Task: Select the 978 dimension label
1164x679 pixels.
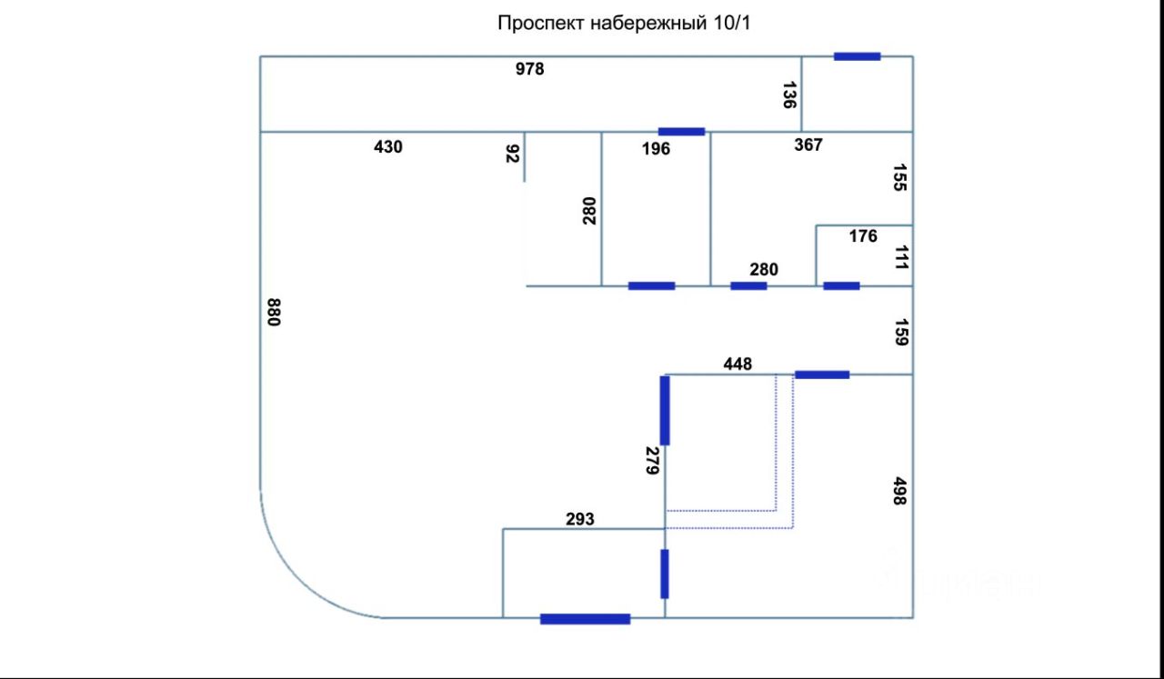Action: pyautogui.click(x=529, y=68)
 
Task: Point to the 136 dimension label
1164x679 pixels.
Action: pyautogui.click(x=789, y=95)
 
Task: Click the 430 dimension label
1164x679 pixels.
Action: pyautogui.click(x=388, y=146)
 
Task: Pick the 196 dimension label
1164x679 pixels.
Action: pyautogui.click(x=656, y=148)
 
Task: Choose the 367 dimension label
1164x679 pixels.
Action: pyautogui.click(x=808, y=145)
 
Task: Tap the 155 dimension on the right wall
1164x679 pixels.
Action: pyautogui.click(x=899, y=177)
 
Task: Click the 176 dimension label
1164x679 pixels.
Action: pyautogui.click(x=863, y=236)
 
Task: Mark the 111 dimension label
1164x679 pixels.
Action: pyautogui.click(x=900, y=257)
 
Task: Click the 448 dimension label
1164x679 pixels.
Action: pyautogui.click(x=738, y=364)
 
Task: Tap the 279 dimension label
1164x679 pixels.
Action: pyautogui.click(x=651, y=461)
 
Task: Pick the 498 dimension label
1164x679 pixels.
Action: pyautogui.click(x=899, y=491)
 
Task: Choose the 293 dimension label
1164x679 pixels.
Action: pyautogui.click(x=579, y=519)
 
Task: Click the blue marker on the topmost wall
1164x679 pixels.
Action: pyautogui.click(x=857, y=56)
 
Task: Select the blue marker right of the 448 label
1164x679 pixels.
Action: pyautogui.click(x=822, y=374)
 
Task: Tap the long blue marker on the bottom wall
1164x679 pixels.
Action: pyautogui.click(x=585, y=619)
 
